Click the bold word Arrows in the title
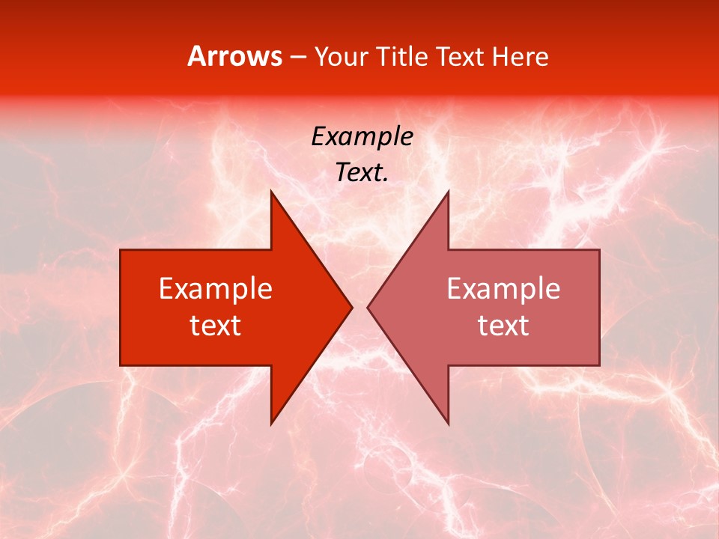pyautogui.click(x=235, y=56)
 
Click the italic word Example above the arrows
pyautogui.click(x=362, y=137)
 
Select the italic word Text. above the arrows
pyautogui.click(x=362, y=173)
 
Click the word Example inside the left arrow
pyautogui.click(x=216, y=289)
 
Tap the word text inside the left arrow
pyautogui.click(x=216, y=325)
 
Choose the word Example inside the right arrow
pyautogui.click(x=503, y=289)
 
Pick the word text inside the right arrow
pyautogui.click(x=503, y=325)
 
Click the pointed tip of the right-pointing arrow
pyautogui.click(x=352, y=307)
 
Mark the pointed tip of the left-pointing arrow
pyautogui.click(x=368, y=307)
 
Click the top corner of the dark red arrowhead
pyautogui.click(x=271, y=191)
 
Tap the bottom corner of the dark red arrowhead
pyautogui.click(x=271, y=424)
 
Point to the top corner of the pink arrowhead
pyautogui.click(x=448, y=191)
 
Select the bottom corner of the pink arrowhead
pyautogui.click(x=448, y=424)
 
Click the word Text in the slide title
pyautogui.click(x=460, y=57)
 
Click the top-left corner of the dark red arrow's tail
pyautogui.click(x=121, y=250)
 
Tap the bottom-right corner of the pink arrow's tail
pyautogui.click(x=599, y=365)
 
